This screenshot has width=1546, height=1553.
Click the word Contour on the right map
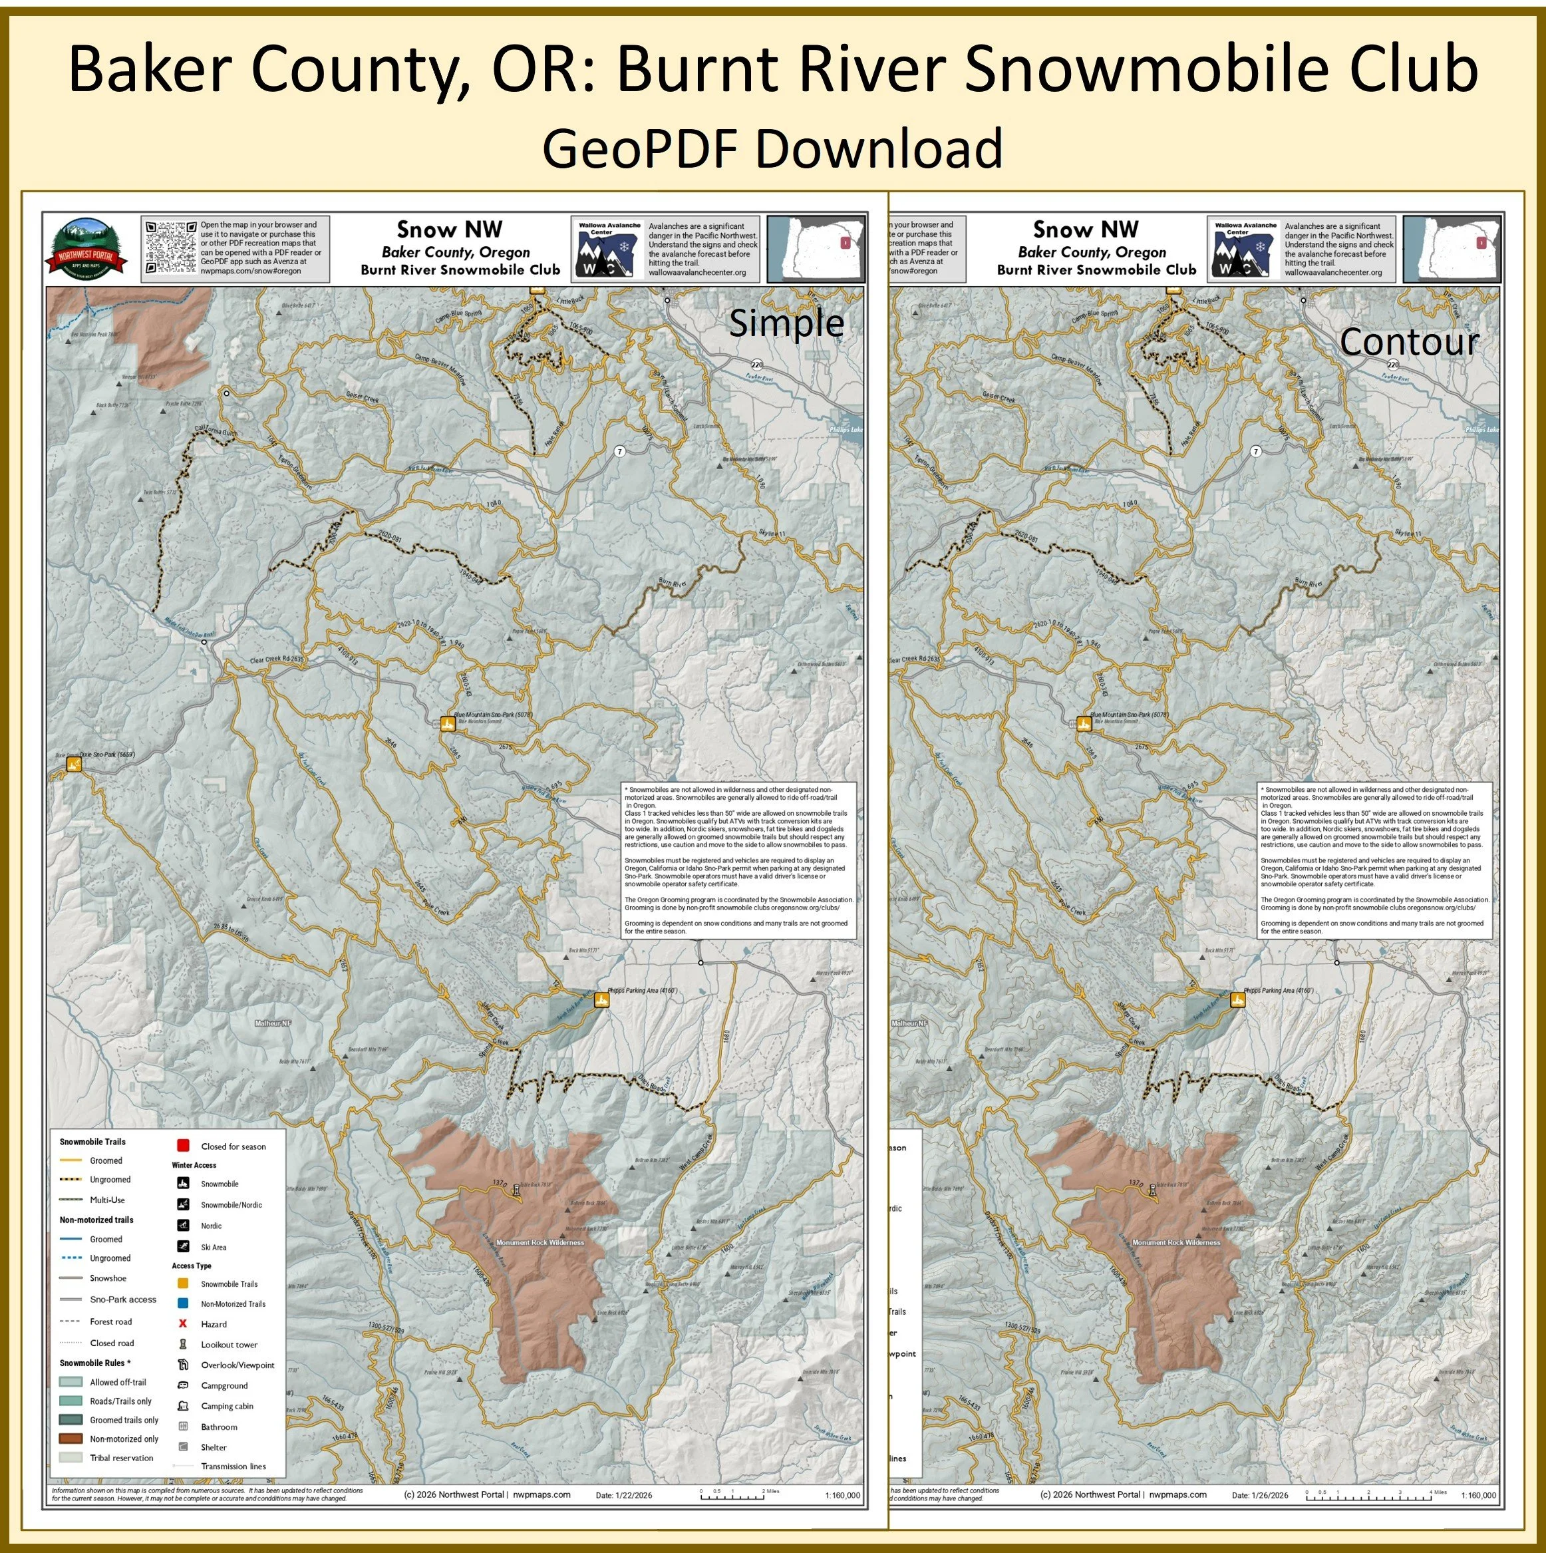click(x=1408, y=341)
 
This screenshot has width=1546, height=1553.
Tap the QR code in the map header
click(x=171, y=248)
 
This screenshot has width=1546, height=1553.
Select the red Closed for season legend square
click(x=183, y=1146)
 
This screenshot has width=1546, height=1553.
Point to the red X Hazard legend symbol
click(x=183, y=1323)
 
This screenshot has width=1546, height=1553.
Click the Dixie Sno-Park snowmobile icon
click(x=74, y=765)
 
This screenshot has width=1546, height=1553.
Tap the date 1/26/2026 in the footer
click(x=1260, y=1495)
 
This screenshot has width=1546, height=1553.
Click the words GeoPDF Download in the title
click(x=772, y=148)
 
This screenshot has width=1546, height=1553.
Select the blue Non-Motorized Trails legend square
click(x=183, y=1303)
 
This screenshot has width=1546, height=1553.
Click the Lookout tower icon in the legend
click(x=183, y=1344)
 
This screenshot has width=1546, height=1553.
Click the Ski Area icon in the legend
click(x=183, y=1247)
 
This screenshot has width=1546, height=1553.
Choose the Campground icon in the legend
click(x=183, y=1385)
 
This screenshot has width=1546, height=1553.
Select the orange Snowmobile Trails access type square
click(x=183, y=1284)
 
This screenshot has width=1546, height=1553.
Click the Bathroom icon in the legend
click(x=183, y=1427)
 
